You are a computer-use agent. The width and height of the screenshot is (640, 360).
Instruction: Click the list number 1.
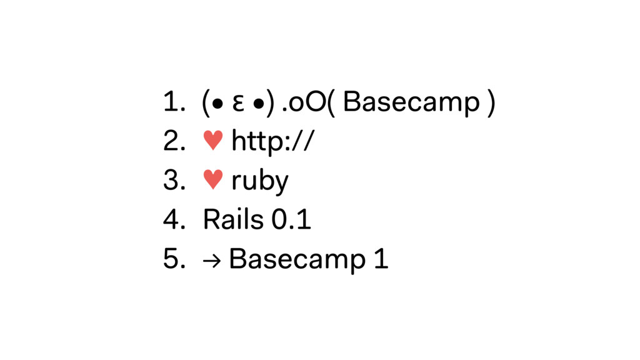click(x=171, y=103)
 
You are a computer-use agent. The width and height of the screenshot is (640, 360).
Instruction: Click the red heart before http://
click(x=212, y=142)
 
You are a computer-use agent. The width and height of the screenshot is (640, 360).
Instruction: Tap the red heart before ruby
click(x=212, y=181)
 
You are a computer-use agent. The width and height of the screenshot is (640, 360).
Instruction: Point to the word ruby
click(x=260, y=182)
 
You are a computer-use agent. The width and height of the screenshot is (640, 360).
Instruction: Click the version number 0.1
click(x=292, y=220)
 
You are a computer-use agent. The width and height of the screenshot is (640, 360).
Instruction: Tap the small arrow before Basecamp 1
click(x=212, y=260)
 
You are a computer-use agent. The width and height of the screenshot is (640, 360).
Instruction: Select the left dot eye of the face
click(x=216, y=104)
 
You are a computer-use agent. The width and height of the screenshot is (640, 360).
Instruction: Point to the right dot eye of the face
click(x=257, y=104)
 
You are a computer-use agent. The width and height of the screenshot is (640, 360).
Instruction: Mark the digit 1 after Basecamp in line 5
click(x=380, y=259)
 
